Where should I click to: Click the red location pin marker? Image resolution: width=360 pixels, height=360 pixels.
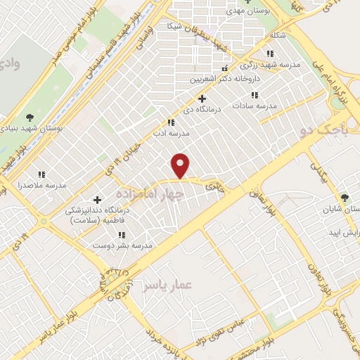(181, 166)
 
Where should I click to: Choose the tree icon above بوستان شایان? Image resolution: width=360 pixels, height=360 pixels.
(344, 198)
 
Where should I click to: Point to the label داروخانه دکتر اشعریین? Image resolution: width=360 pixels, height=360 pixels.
(222, 79)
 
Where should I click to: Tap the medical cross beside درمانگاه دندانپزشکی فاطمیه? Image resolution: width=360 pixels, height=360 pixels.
(97, 199)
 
